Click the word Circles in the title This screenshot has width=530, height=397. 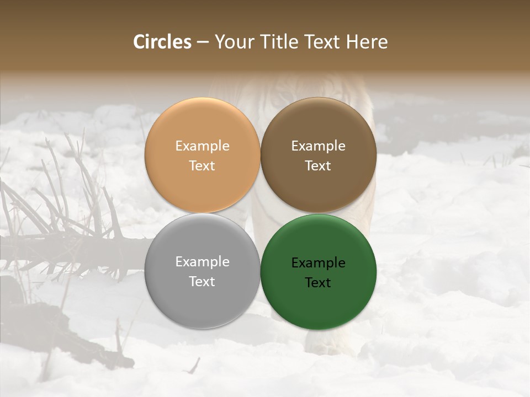[x=162, y=42]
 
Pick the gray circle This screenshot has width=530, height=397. [x=202, y=298]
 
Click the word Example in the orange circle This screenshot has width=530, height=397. [x=202, y=146]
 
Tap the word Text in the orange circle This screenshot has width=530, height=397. [x=202, y=166]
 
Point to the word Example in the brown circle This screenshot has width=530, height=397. [x=318, y=146]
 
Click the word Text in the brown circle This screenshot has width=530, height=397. [x=318, y=166]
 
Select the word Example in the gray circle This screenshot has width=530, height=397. [x=202, y=262]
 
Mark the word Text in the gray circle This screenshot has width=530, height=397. [x=202, y=282]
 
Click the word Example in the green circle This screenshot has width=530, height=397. [x=318, y=263]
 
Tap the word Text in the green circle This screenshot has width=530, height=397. [x=318, y=283]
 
